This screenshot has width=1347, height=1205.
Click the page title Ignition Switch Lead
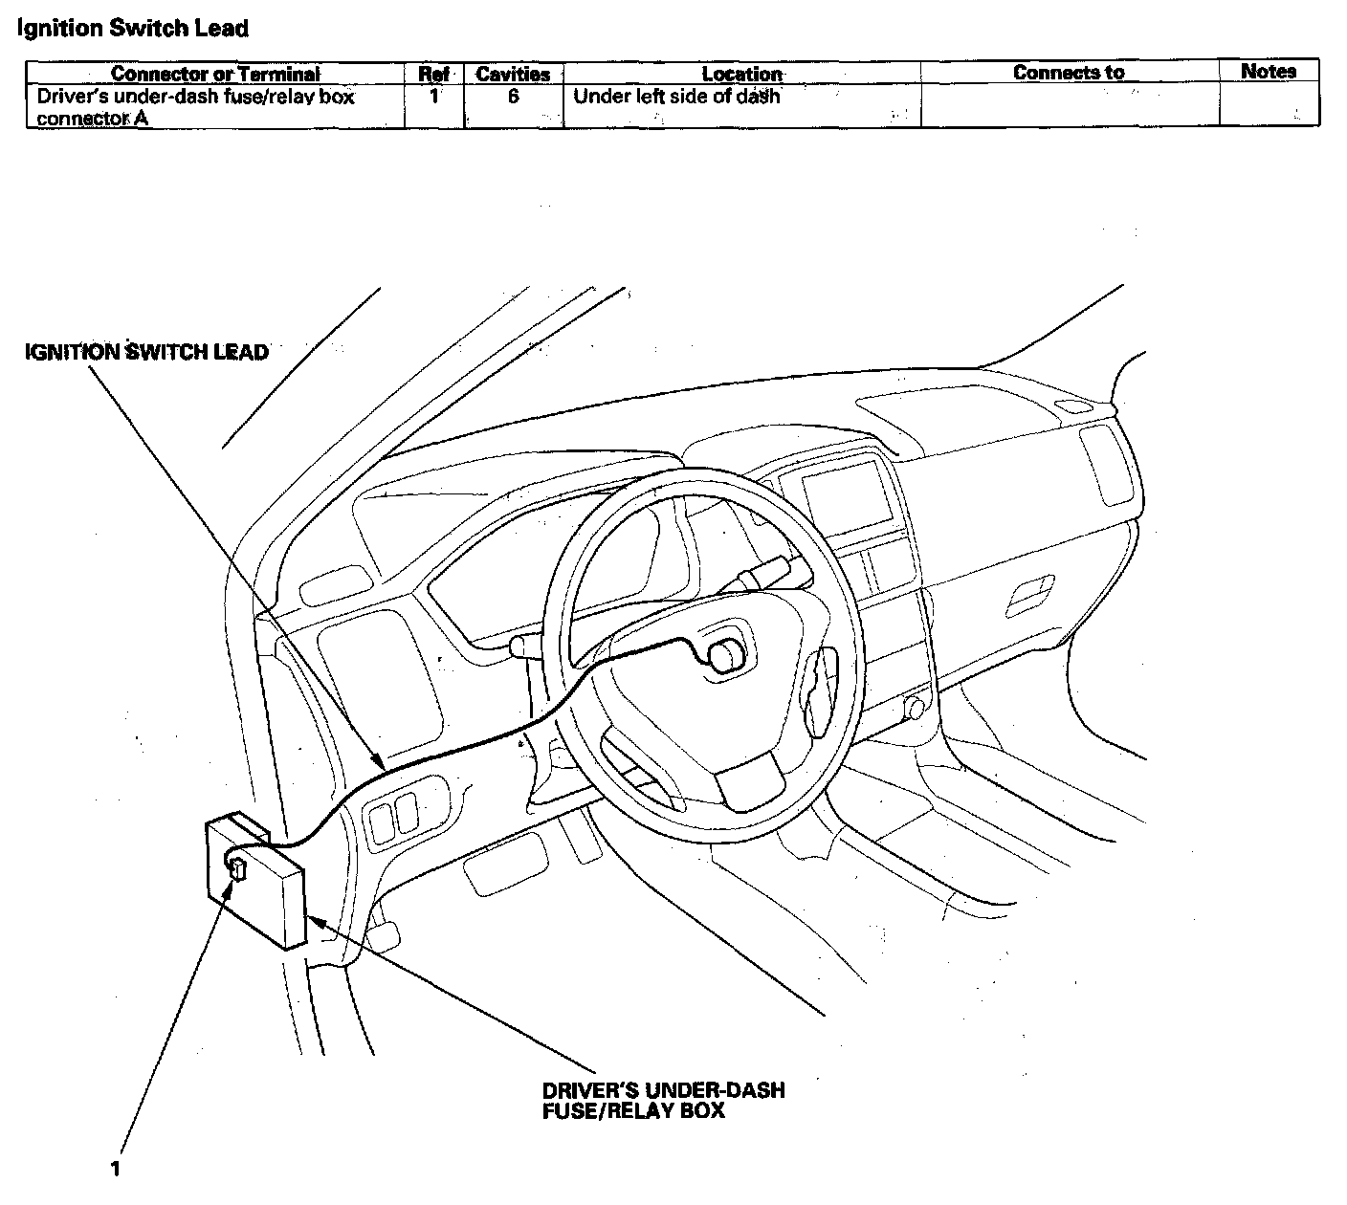(133, 29)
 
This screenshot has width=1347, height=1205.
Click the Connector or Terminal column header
(215, 74)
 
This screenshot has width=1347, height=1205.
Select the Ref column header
(434, 74)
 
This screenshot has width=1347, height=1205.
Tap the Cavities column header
(513, 74)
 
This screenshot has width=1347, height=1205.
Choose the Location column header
(741, 74)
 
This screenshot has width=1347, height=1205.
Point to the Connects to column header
(1069, 73)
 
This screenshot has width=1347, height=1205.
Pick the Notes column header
(1269, 72)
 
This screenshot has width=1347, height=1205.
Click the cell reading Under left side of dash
(676, 97)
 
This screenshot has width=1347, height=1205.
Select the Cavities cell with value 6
(514, 97)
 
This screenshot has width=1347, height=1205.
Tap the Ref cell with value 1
(434, 97)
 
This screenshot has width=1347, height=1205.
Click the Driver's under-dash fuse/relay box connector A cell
(195, 107)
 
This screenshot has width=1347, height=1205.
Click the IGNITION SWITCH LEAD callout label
(146, 352)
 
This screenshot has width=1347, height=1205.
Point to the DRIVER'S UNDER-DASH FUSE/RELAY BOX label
(663, 1100)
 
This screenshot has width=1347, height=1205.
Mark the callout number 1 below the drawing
(116, 1169)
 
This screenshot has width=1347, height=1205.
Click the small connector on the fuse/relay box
(238, 868)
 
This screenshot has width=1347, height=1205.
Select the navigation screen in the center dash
(844, 492)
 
